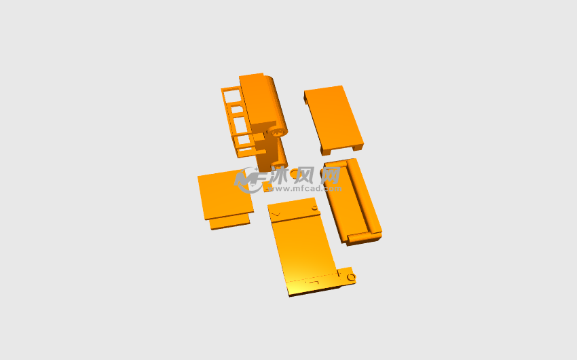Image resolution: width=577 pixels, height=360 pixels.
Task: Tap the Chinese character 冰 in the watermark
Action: point(281,175)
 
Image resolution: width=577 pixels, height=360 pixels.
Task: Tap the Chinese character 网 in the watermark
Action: point(331,175)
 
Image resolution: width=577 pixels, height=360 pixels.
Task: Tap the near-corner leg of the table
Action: point(325,151)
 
